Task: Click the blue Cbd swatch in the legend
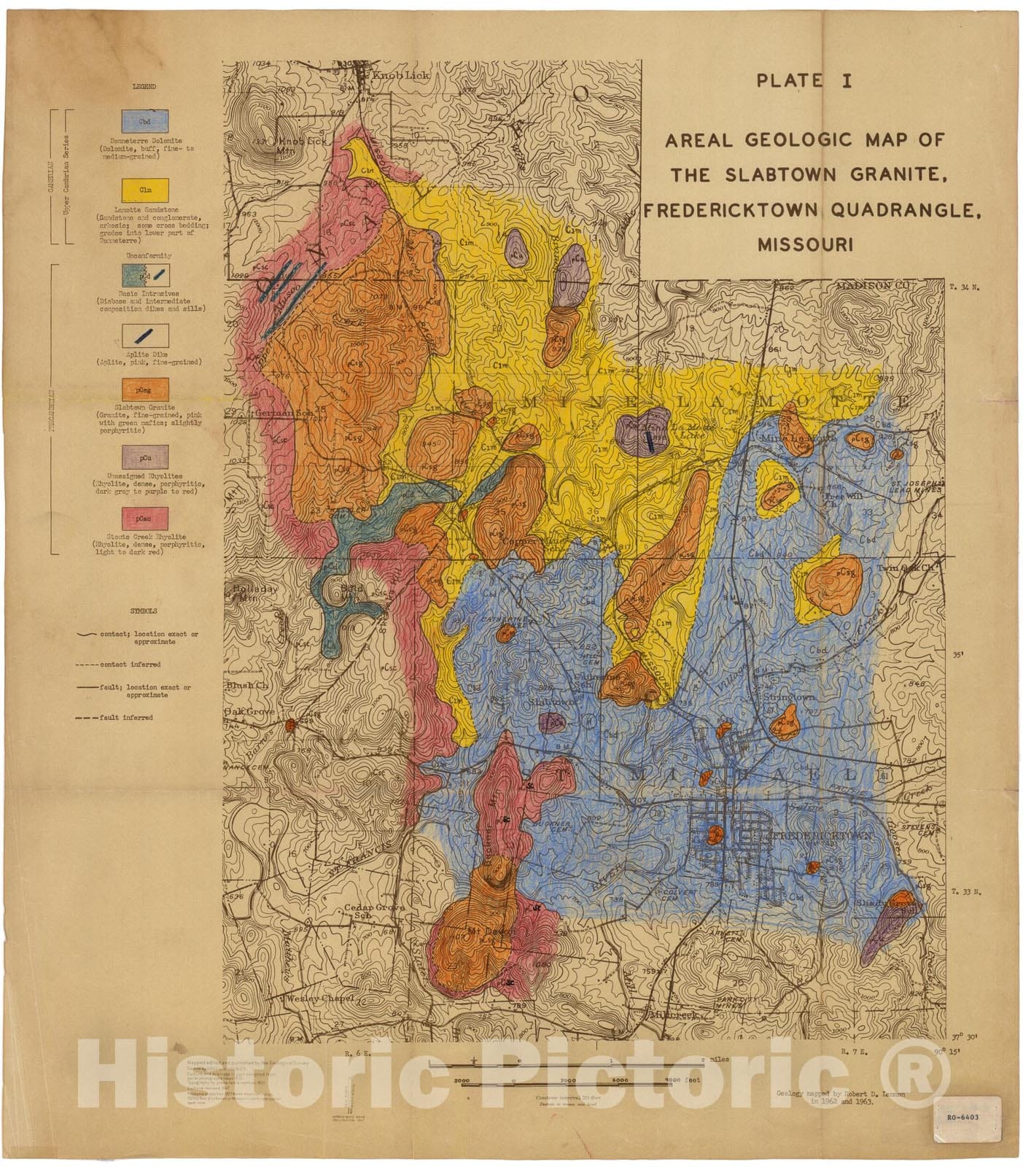[x=144, y=121]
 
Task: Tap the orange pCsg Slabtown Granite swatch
[x=144, y=390]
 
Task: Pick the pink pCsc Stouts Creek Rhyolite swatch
[x=144, y=519]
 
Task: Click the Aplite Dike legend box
[x=144, y=335]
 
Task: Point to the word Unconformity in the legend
[x=149, y=256]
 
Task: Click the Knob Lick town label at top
[x=400, y=75]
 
